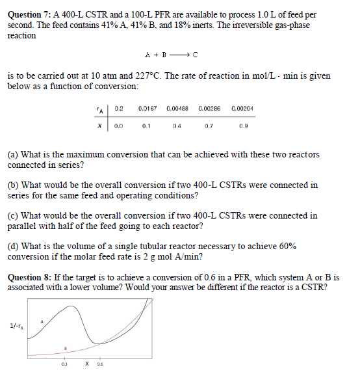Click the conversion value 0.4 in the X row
177,127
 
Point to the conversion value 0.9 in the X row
242,127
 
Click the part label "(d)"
12,247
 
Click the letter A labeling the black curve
42,321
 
